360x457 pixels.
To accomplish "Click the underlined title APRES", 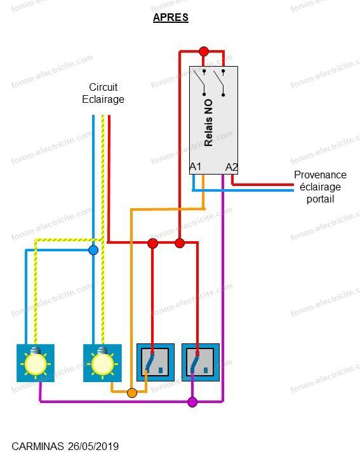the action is [x=171, y=18].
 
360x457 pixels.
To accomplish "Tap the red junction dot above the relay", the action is [x=204, y=51].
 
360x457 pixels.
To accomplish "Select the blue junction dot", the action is [x=93, y=250].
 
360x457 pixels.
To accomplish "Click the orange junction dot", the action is [x=132, y=393].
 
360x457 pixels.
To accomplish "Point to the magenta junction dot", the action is [x=192, y=402].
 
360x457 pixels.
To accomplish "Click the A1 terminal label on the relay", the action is [x=196, y=167].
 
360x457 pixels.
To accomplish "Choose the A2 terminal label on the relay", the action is [x=232, y=168].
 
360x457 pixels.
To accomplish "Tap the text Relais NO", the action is [x=208, y=123].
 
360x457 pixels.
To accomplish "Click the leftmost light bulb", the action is [x=36, y=363].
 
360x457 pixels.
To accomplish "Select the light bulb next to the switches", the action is [x=102, y=363].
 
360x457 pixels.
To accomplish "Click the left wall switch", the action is [x=156, y=362].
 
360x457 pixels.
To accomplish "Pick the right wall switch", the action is [x=201, y=362].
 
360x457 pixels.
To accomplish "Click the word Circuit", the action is [x=103, y=87].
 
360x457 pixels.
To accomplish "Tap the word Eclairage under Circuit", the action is [x=103, y=99].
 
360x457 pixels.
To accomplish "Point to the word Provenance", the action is [x=320, y=175].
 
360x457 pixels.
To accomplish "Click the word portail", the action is [x=320, y=199].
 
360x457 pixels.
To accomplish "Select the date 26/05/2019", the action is [x=93, y=446].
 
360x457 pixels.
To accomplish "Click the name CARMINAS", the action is [x=37, y=446].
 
